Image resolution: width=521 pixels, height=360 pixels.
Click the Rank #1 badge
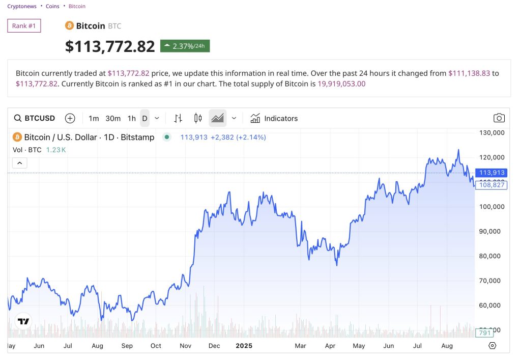pyautogui.click(x=24, y=26)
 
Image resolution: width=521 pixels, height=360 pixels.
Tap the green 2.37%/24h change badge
pyautogui.click(x=185, y=46)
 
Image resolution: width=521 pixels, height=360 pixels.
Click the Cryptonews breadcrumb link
pyautogui.click(x=22, y=7)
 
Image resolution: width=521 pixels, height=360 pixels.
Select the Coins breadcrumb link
pyautogui.click(x=52, y=7)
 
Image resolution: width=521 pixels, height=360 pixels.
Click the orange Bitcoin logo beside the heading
pyautogui.click(x=69, y=25)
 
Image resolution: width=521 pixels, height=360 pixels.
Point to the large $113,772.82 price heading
pyautogui.click(x=110, y=46)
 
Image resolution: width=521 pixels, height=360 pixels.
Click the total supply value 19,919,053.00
pyautogui.click(x=341, y=84)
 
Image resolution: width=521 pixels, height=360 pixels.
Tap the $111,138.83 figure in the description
pyautogui.click(x=469, y=73)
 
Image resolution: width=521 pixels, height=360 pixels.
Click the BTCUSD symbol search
pyautogui.click(x=35, y=119)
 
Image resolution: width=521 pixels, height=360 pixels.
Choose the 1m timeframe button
pyautogui.click(x=94, y=119)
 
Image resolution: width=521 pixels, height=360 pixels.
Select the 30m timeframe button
pyautogui.click(x=113, y=119)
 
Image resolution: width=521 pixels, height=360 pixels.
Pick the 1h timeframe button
pyautogui.click(x=132, y=119)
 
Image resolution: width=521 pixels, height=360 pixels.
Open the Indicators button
pyautogui.click(x=274, y=119)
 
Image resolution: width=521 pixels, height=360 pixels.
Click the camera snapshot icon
pyautogui.click(x=499, y=118)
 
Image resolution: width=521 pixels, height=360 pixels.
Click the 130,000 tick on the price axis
pyautogui.click(x=491, y=132)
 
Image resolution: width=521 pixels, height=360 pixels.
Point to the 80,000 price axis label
pyautogui.click(x=491, y=256)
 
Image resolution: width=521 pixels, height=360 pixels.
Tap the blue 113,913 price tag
pyautogui.click(x=491, y=173)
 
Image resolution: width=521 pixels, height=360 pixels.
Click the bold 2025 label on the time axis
pyautogui.click(x=244, y=346)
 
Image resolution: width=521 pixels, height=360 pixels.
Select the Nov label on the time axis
pyautogui.click(x=185, y=346)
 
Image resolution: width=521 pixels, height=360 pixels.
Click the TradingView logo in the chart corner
pyautogui.click(x=23, y=321)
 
